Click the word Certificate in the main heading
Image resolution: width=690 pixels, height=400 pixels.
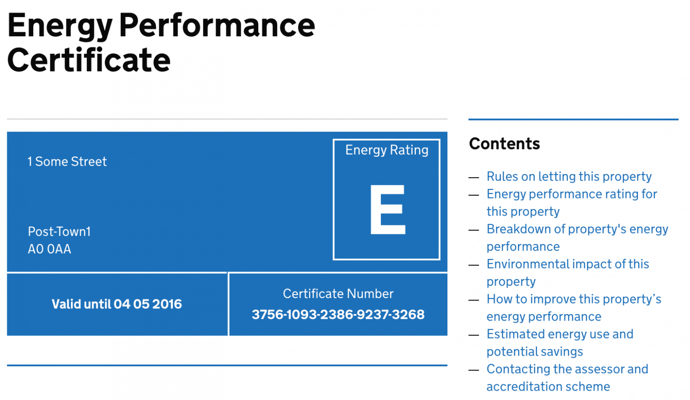89,60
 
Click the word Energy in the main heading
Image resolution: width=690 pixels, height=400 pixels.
59,26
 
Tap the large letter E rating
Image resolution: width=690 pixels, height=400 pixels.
387,209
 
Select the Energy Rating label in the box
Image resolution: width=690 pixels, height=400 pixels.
386,150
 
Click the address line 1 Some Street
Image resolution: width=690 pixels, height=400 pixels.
67,162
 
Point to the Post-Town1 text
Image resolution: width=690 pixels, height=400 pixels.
59,232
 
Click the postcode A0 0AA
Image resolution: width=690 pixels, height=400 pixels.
49,249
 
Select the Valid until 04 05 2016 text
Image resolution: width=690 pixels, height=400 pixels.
117,304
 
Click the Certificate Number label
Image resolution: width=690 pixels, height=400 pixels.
338,294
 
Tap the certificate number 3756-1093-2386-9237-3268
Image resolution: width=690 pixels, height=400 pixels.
338,315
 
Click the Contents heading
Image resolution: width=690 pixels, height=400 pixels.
504,144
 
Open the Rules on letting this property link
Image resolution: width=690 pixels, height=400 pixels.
569,176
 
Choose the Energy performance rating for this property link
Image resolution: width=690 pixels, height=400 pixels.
571,194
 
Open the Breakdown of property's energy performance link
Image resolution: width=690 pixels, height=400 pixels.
577,229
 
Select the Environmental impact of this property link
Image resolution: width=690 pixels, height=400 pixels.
568,264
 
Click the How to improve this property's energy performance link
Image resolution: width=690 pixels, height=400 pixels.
574,299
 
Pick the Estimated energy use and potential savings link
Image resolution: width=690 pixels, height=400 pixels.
560,334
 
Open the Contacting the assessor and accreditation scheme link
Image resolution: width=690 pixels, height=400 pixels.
567,369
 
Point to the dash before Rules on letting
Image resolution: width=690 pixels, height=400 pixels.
473,177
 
